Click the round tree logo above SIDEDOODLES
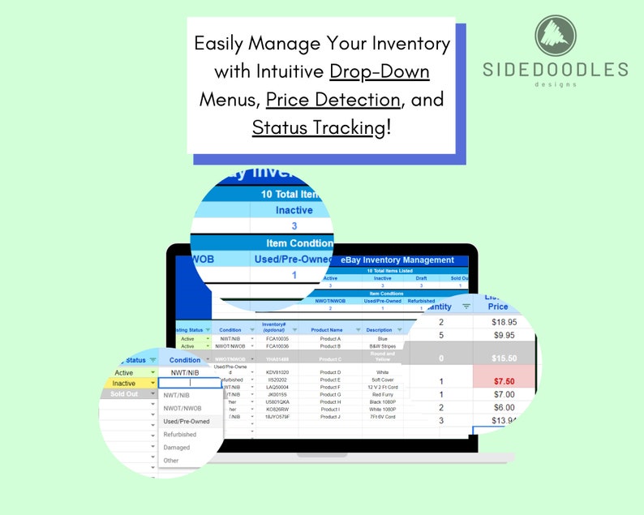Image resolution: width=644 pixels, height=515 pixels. click(x=556, y=36)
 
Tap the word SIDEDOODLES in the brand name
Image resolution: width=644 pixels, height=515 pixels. click(x=556, y=70)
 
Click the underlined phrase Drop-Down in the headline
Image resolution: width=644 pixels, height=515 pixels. click(x=380, y=71)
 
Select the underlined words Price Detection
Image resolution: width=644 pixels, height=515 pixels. click(x=333, y=99)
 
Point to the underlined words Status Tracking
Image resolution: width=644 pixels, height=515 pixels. click(x=319, y=127)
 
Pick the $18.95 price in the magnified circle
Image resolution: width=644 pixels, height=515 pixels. click(x=509, y=323)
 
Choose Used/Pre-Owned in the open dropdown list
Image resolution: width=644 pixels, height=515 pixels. click(x=187, y=422)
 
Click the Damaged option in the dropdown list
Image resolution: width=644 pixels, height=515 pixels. click(x=177, y=448)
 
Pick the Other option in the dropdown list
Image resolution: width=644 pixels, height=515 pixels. click(x=171, y=461)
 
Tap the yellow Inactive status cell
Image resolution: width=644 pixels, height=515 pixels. click(x=124, y=384)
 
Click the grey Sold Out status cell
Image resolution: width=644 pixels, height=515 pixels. click(x=124, y=394)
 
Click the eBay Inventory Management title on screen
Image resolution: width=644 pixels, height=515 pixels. click(x=397, y=260)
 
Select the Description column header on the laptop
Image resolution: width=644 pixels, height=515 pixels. click(x=379, y=329)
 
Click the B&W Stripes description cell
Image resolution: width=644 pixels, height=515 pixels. click(x=383, y=346)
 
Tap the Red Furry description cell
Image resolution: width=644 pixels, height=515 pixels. click(x=383, y=395)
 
